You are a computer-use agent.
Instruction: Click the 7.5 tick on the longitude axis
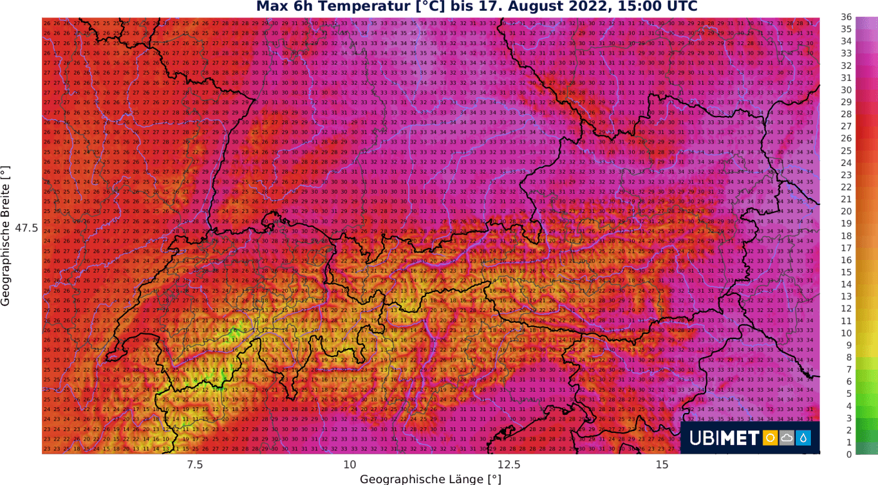195,465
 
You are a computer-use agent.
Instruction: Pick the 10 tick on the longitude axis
349,465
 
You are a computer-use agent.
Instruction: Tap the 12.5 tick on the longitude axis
509,465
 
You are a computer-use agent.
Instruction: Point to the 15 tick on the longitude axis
663,465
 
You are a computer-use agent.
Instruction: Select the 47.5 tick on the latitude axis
26,229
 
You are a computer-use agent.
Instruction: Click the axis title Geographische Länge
430,479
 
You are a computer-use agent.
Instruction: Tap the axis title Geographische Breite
6,236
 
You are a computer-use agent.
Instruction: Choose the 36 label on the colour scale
846,17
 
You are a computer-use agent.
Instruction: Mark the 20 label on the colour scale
846,211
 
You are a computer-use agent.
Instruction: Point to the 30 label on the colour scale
846,90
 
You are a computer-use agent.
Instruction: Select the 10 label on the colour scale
846,333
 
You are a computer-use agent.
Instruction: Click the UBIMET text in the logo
724,438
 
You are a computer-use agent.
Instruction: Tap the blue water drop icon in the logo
803,438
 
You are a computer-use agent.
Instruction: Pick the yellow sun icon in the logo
770,438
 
